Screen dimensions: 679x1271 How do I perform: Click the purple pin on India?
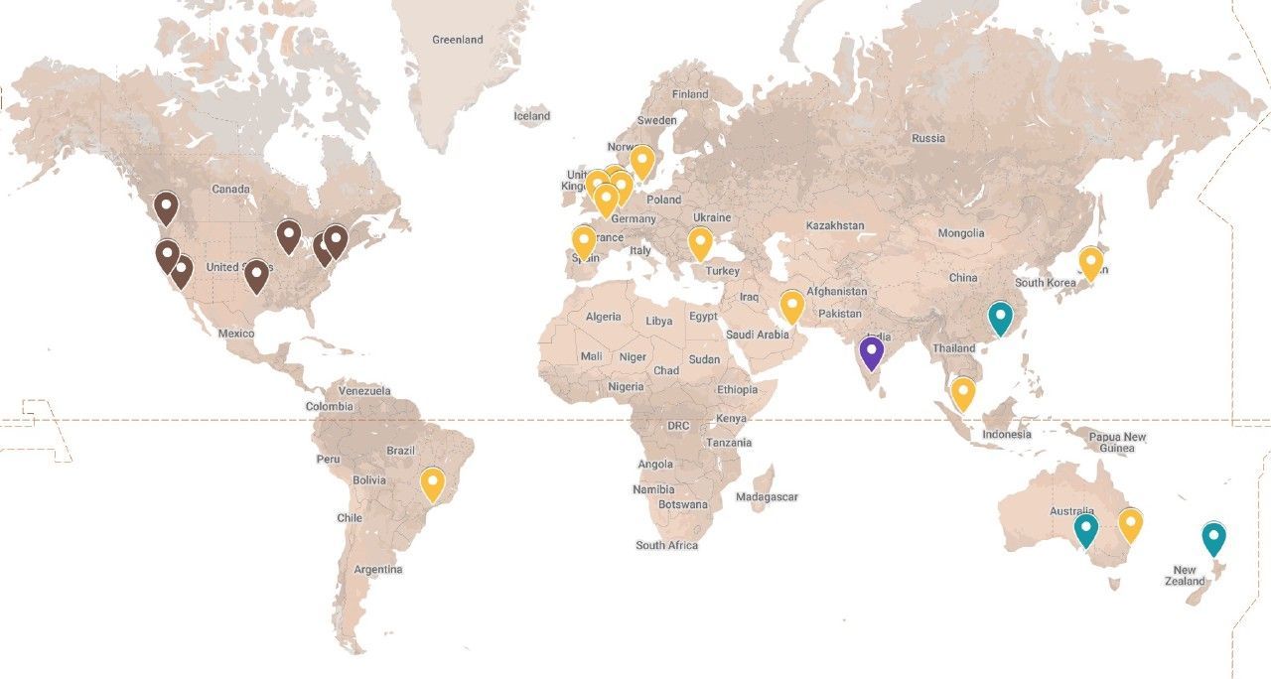(x=871, y=351)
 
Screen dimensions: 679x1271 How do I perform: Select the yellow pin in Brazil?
(x=432, y=482)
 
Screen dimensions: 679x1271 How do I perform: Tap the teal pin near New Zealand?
(x=1213, y=537)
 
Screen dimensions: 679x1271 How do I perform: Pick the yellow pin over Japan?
(x=1090, y=262)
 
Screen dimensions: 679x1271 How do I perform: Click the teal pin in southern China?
(x=1000, y=317)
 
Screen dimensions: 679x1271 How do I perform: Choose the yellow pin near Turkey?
(x=700, y=242)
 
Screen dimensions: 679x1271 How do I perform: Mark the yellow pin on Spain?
(x=584, y=241)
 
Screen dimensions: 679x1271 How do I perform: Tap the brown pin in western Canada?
(x=166, y=207)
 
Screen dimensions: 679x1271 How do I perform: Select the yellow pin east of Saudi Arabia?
(x=791, y=305)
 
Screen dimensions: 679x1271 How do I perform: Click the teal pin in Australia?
(x=1086, y=529)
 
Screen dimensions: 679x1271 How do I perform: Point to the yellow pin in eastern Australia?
(x=1130, y=523)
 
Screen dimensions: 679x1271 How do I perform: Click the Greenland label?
(x=458, y=40)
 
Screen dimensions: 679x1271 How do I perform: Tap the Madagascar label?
(x=767, y=496)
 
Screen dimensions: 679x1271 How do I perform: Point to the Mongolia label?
(x=961, y=233)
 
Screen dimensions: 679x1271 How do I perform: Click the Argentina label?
(x=378, y=569)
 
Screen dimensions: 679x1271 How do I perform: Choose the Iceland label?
(x=531, y=116)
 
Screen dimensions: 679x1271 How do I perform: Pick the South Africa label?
(x=666, y=545)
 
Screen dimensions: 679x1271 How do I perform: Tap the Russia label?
(x=928, y=138)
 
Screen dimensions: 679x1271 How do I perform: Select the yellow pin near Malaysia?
(x=962, y=392)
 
